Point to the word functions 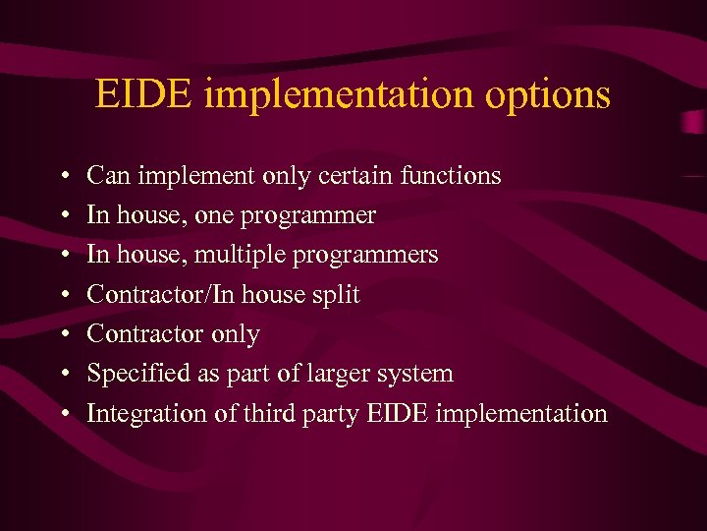click(x=451, y=176)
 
